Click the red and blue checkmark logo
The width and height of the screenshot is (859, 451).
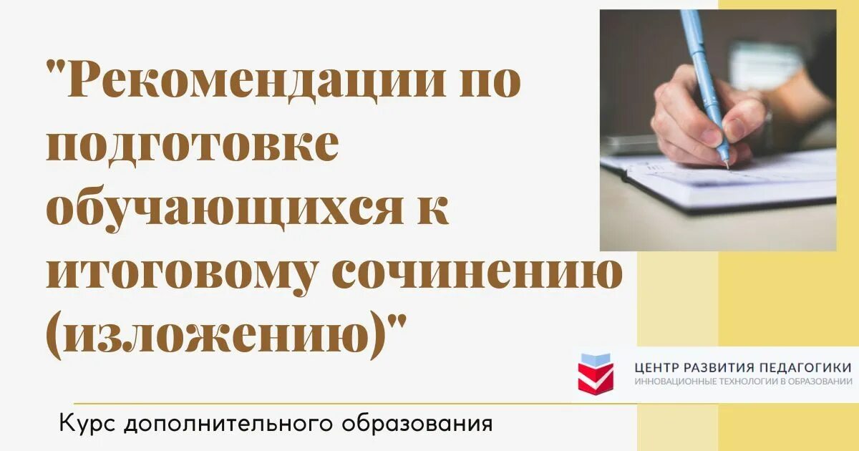[596, 372]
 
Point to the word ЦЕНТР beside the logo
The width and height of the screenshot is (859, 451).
[657, 367]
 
